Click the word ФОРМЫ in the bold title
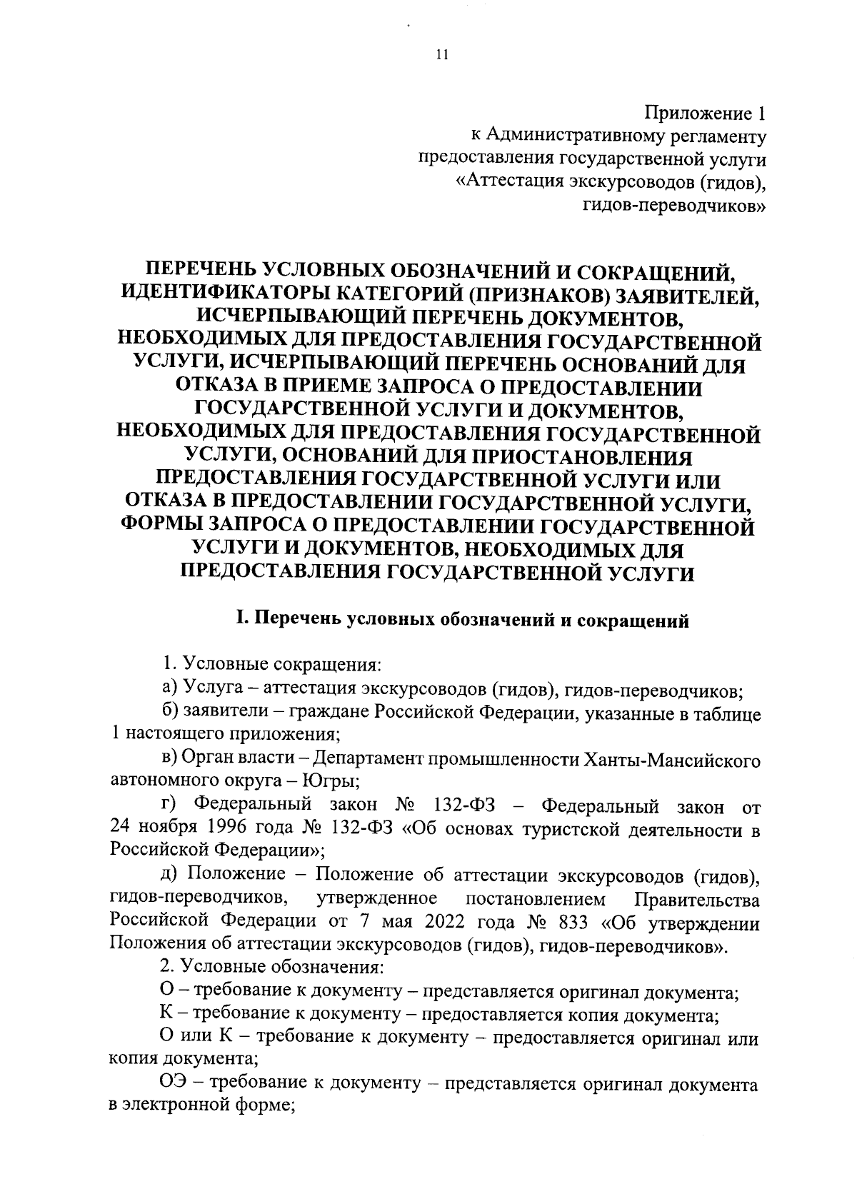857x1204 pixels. [161, 526]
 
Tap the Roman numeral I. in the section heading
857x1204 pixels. [243, 621]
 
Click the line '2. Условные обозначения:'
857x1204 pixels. [273, 969]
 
